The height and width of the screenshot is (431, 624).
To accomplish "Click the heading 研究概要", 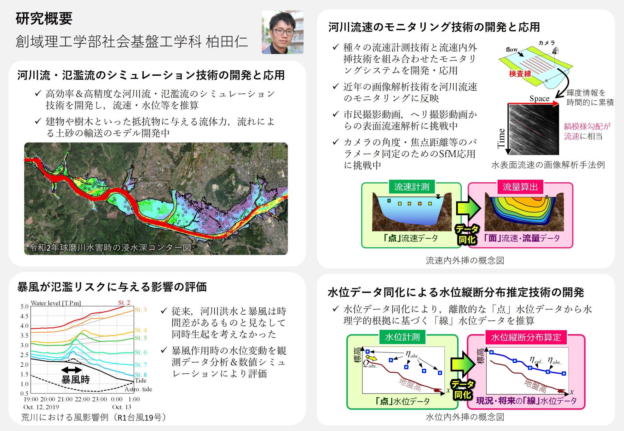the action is click(44, 18).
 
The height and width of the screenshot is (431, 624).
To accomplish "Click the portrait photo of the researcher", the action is click(282, 32).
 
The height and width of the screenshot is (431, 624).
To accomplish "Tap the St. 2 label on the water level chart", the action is click(124, 303).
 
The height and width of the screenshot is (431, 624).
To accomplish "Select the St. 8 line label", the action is click(141, 375).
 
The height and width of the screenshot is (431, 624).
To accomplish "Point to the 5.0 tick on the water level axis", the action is click(24, 306).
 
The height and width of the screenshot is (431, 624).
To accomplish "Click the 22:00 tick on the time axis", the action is click(82, 399).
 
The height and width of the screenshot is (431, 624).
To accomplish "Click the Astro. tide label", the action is click(138, 389).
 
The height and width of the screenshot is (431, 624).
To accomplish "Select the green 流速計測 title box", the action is click(412, 187).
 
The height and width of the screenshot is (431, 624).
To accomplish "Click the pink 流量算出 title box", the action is click(520, 187).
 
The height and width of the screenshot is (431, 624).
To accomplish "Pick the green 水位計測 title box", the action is click(402, 337).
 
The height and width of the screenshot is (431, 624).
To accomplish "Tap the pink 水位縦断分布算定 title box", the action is click(526, 337).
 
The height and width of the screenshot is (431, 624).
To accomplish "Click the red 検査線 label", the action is click(520, 74).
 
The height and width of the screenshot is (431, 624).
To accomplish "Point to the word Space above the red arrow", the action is click(539, 98).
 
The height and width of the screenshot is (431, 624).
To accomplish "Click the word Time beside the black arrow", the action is click(501, 138).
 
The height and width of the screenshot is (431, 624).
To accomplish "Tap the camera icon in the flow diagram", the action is click(556, 50).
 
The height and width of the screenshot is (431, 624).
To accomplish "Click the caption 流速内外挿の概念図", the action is click(465, 260).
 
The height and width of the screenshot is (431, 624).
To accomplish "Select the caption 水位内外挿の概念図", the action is click(465, 417).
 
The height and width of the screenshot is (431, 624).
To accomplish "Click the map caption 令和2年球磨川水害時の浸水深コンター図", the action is click(110, 248).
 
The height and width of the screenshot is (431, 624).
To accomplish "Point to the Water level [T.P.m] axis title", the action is click(56, 303).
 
